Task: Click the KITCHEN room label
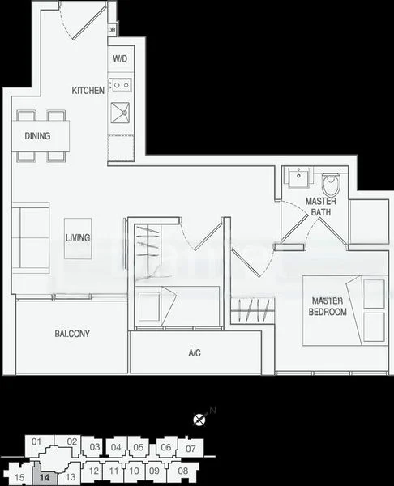pos(88,91)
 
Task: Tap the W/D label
pos(120,59)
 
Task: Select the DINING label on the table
pos(37,136)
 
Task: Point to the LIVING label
pos(78,237)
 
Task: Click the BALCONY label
pos(72,334)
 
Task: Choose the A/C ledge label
pos(195,353)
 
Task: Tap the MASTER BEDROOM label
pos(328,306)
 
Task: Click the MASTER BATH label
pos(321,207)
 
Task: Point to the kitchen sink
pos(122,111)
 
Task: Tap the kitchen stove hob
pos(121,83)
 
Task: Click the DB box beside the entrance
pos(112,31)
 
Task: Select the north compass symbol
pos(199,419)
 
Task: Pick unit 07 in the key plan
pos(191,448)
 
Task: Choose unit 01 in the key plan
pos(36,441)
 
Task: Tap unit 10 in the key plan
pos(135,471)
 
